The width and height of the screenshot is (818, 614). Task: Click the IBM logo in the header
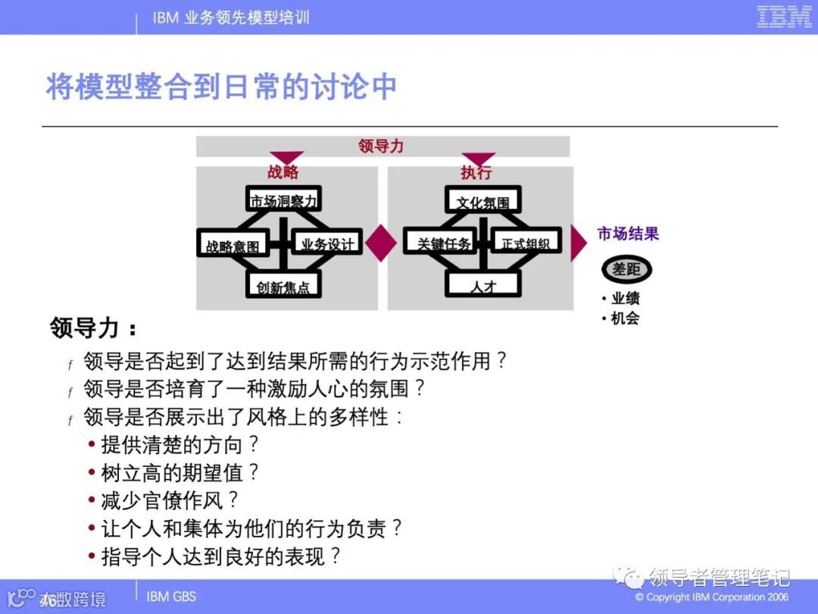point(784,17)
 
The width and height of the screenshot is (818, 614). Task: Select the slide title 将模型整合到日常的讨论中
point(221,86)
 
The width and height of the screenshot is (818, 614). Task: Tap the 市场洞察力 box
point(284,199)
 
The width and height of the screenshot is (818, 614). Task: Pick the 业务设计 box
point(326,243)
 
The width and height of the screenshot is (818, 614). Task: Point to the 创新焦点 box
point(283,287)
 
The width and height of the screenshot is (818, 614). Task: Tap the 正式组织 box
point(525,243)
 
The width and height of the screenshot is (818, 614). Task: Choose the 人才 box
point(482,286)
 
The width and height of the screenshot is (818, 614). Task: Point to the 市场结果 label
point(628,233)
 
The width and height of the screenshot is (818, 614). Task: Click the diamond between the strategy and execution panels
point(382,243)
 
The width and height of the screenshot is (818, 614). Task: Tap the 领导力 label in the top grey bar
point(381,146)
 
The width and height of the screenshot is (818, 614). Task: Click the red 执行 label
point(476,172)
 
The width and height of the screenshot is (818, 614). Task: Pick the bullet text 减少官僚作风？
point(170,500)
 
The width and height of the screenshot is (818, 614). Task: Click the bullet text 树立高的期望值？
point(180,472)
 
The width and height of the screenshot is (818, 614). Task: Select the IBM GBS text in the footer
point(171,596)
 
